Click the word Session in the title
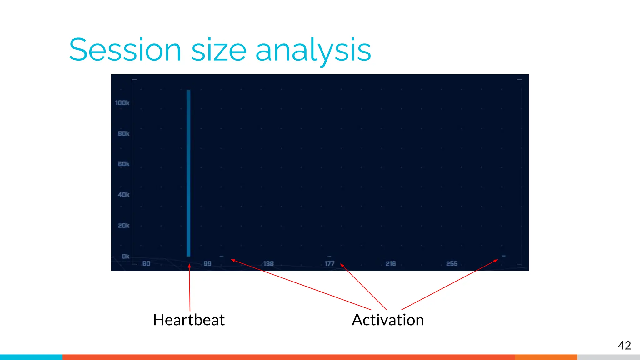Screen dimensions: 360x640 tap(125, 50)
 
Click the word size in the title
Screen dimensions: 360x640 tap(219, 50)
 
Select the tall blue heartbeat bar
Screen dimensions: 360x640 tap(188, 173)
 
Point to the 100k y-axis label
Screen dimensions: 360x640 tap(122, 103)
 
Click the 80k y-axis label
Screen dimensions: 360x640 tap(123, 134)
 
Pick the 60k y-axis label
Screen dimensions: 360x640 tap(123, 164)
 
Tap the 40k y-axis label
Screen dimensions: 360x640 tap(123, 195)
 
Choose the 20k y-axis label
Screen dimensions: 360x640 tap(123, 226)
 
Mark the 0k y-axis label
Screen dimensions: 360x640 tap(125, 256)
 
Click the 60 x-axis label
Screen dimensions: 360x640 tap(146, 264)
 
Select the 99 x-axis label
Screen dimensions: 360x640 tap(207, 264)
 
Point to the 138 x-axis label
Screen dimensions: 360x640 tap(268, 264)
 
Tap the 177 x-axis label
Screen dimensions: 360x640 tap(329, 264)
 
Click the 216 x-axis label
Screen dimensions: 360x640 tap(391, 264)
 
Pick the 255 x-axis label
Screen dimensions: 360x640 tap(452, 264)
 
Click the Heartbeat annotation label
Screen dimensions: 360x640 tap(189, 320)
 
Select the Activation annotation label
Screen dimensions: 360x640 tap(387, 320)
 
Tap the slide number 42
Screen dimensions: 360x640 tap(624, 345)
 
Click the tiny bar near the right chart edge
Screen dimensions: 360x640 tap(503, 256)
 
